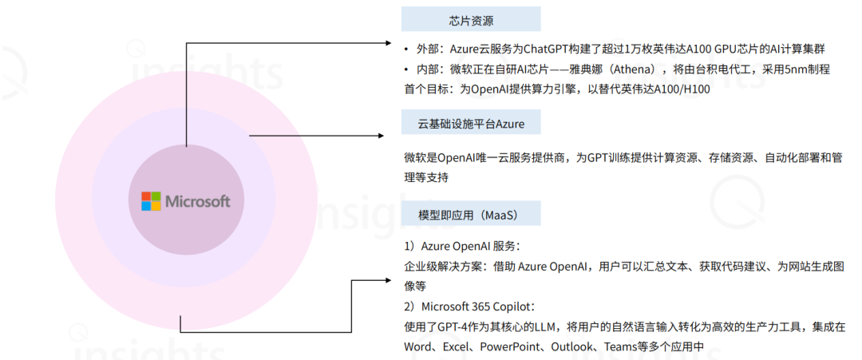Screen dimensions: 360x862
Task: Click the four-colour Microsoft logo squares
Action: pos(151,201)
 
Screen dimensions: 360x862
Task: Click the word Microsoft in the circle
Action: pos(197,201)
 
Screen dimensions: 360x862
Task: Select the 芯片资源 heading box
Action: pos(470,19)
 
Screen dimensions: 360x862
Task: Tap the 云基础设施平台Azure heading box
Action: pos(470,123)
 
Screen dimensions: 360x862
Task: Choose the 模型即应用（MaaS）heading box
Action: pos(470,215)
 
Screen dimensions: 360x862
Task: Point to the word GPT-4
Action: pos(453,326)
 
